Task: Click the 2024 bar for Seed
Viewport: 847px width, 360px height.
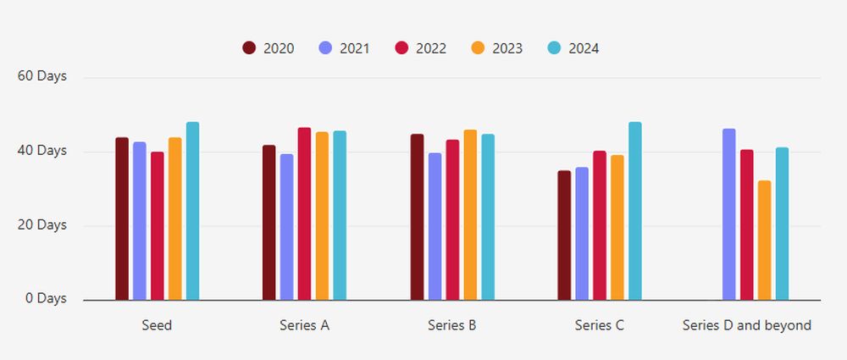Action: pos(192,211)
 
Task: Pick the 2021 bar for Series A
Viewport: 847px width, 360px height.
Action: pos(286,227)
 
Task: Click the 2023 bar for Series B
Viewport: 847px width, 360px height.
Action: pos(470,215)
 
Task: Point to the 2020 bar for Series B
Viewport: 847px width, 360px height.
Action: pos(417,217)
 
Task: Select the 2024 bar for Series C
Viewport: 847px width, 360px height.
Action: pos(635,211)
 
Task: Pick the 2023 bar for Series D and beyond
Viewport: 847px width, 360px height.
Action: pos(764,241)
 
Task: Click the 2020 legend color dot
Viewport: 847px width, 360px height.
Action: pos(249,48)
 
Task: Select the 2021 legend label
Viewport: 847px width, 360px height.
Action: pos(354,48)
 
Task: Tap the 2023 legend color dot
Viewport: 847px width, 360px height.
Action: pos(478,48)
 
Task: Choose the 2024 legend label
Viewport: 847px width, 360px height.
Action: pos(584,48)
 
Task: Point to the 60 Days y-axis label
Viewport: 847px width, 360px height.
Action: pos(42,76)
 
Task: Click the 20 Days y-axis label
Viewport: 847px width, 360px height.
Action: pos(42,224)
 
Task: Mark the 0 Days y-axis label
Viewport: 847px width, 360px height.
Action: pos(46,298)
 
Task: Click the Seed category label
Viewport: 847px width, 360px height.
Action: pos(157,325)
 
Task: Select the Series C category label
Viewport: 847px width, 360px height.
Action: pos(599,325)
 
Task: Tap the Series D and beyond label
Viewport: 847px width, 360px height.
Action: pos(746,325)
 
